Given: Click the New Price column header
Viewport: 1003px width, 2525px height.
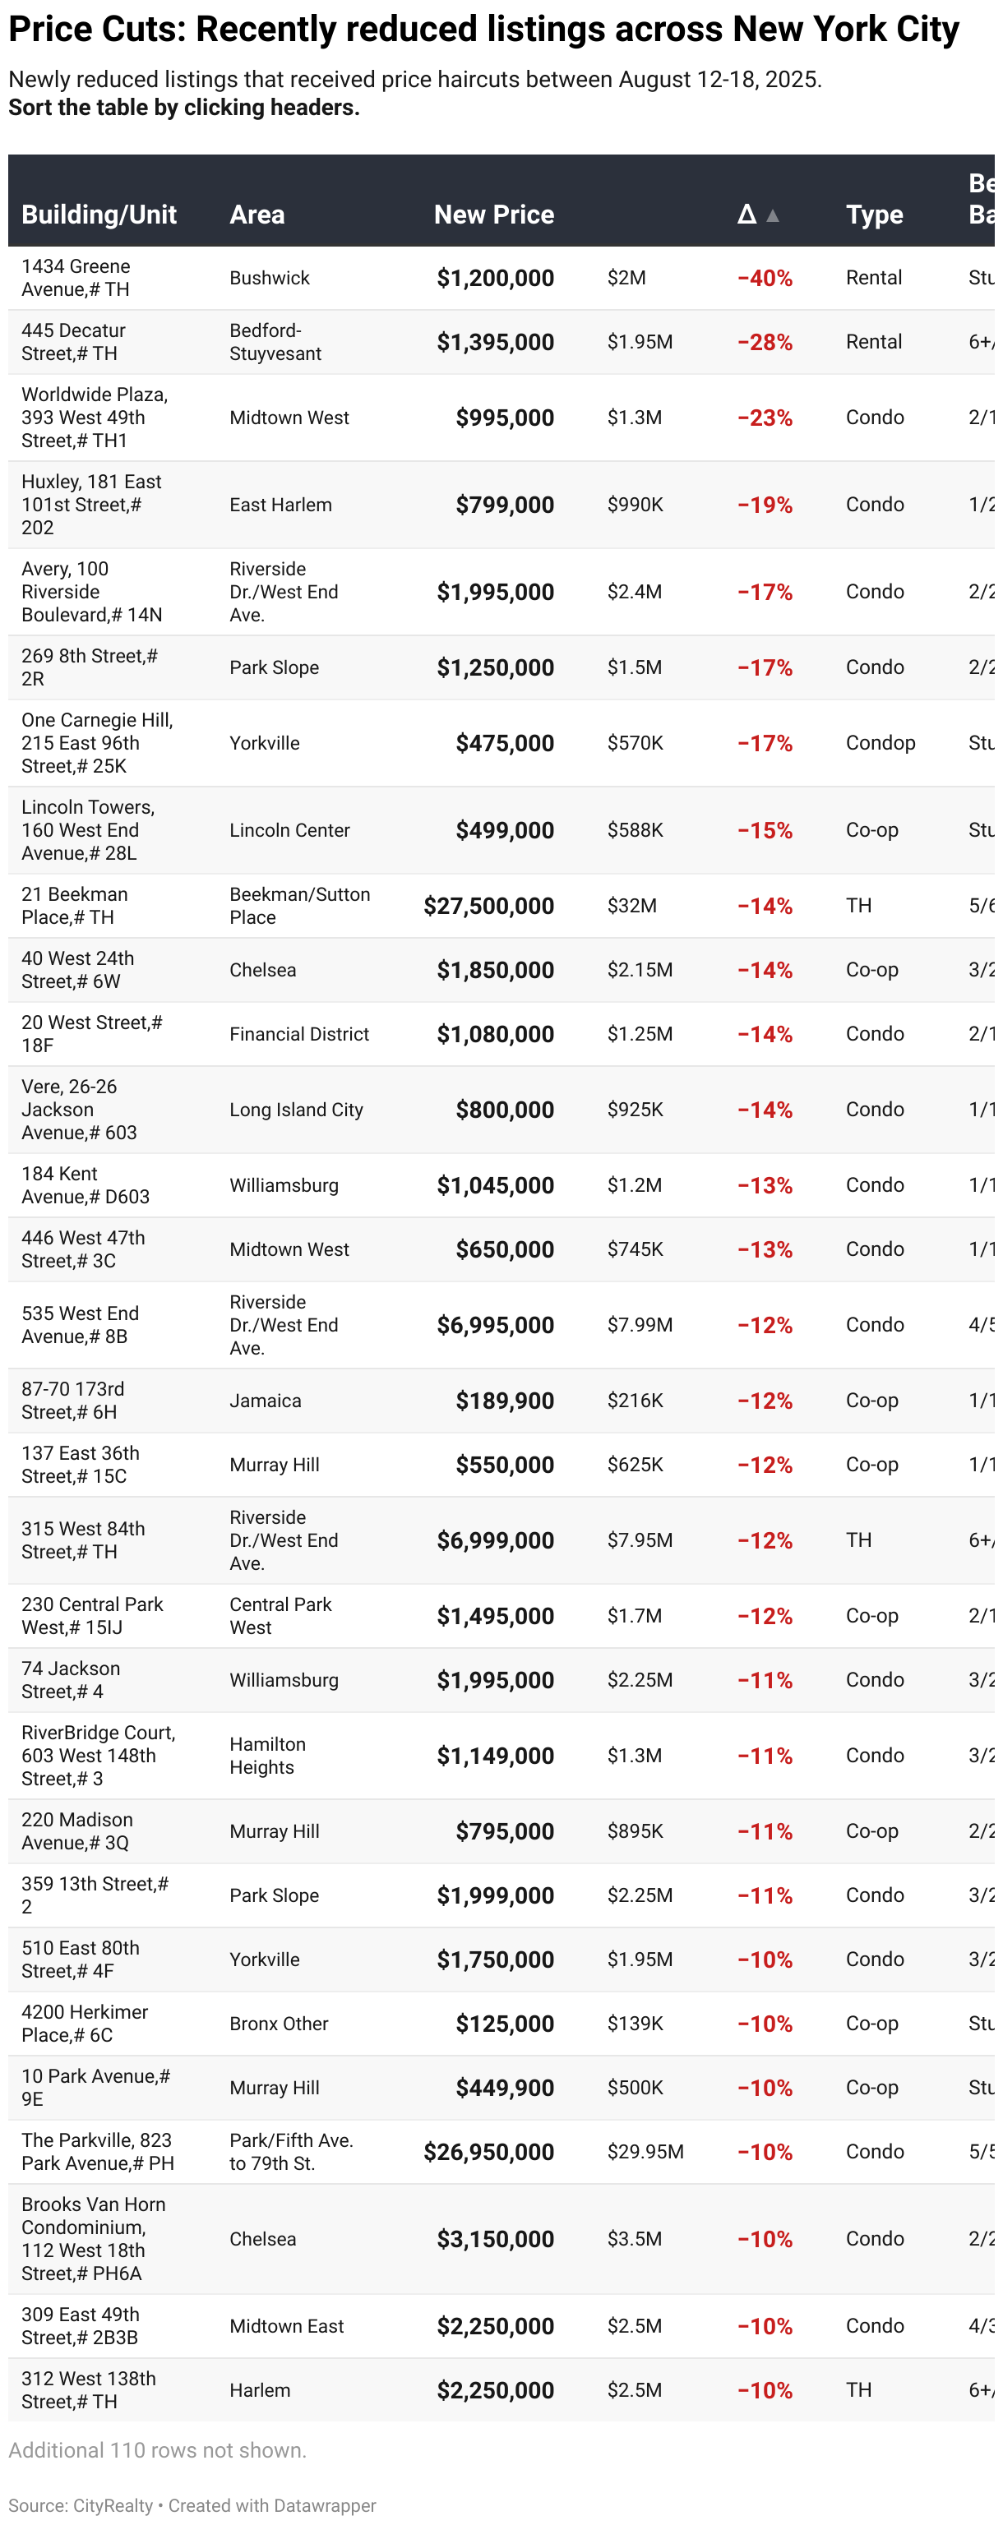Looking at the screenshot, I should (x=493, y=215).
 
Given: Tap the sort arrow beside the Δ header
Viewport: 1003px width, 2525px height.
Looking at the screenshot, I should (x=773, y=215).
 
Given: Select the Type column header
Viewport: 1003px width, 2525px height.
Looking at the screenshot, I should (x=874, y=215).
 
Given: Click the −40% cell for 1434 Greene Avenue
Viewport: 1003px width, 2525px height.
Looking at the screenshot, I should (x=764, y=279).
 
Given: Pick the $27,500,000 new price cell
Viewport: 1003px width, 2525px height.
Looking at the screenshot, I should (x=488, y=907).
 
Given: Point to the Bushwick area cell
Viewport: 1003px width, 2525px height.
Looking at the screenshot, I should (x=269, y=279).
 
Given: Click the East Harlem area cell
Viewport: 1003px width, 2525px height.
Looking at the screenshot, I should (x=280, y=505).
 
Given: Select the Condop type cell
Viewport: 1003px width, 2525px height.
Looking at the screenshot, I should (x=880, y=743).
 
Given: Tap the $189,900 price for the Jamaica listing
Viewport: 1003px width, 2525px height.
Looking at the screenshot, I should (x=504, y=1401).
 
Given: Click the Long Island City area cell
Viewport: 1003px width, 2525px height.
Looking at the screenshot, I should (x=296, y=1110).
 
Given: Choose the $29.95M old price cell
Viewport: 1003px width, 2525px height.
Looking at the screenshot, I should (x=645, y=2153).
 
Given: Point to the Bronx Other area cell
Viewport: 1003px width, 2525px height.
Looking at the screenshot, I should (x=279, y=2024).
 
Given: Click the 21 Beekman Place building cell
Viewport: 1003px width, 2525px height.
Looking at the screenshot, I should (x=75, y=906).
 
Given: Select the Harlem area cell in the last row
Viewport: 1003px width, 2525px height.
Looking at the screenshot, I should (x=260, y=2391).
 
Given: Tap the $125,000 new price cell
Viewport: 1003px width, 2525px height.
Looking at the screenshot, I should (x=504, y=2024).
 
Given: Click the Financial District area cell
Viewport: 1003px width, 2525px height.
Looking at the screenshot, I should (x=299, y=1034).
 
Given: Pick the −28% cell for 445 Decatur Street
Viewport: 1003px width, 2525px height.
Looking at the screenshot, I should (x=764, y=342).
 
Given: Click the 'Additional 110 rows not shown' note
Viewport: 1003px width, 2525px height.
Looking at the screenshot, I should (x=157, y=2450).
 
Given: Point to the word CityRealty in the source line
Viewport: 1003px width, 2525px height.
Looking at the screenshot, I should (x=113, y=2505).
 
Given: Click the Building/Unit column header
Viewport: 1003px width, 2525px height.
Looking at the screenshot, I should (x=99, y=215).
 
